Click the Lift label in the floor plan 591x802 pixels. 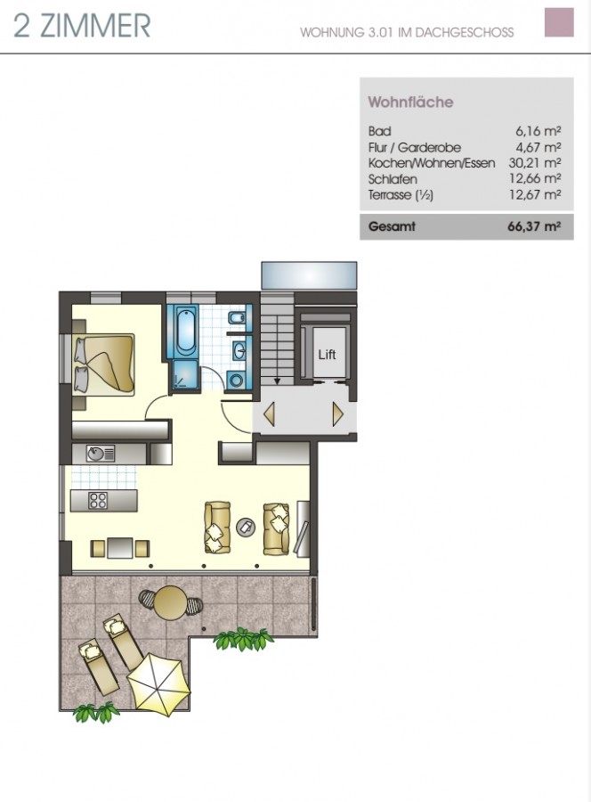click(327, 354)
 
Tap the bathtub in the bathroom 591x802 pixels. click(185, 331)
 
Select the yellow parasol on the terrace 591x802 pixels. click(158, 682)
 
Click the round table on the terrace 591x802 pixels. click(171, 602)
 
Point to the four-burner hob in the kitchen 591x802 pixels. click(98, 500)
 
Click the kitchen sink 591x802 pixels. click(101, 454)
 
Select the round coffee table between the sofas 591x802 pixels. click(247, 527)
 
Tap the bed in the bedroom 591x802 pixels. click(104, 364)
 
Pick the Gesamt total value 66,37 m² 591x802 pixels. click(534, 226)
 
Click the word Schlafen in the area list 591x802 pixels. click(393, 179)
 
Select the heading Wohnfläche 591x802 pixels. click(410, 102)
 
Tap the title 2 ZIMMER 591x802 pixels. click(82, 26)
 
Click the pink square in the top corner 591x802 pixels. click(559, 22)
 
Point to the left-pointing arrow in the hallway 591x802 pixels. click(269, 413)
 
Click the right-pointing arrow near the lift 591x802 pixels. click(337, 413)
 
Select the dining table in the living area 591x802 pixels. click(120, 548)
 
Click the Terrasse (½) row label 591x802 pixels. click(401, 195)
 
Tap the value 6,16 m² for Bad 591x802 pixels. click(538, 131)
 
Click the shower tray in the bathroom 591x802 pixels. click(185, 374)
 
